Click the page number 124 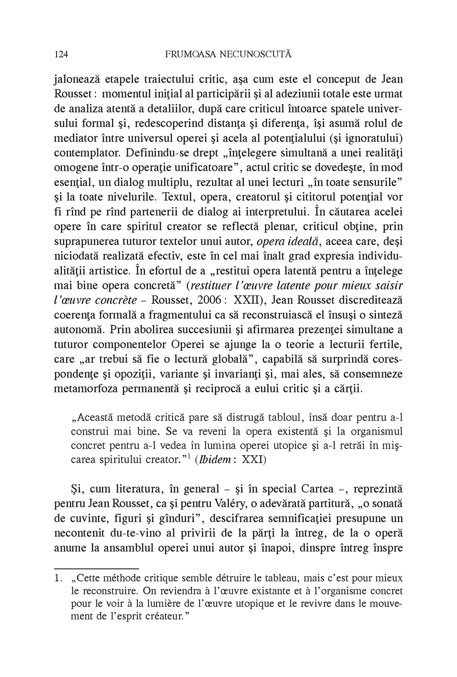(60, 55)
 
